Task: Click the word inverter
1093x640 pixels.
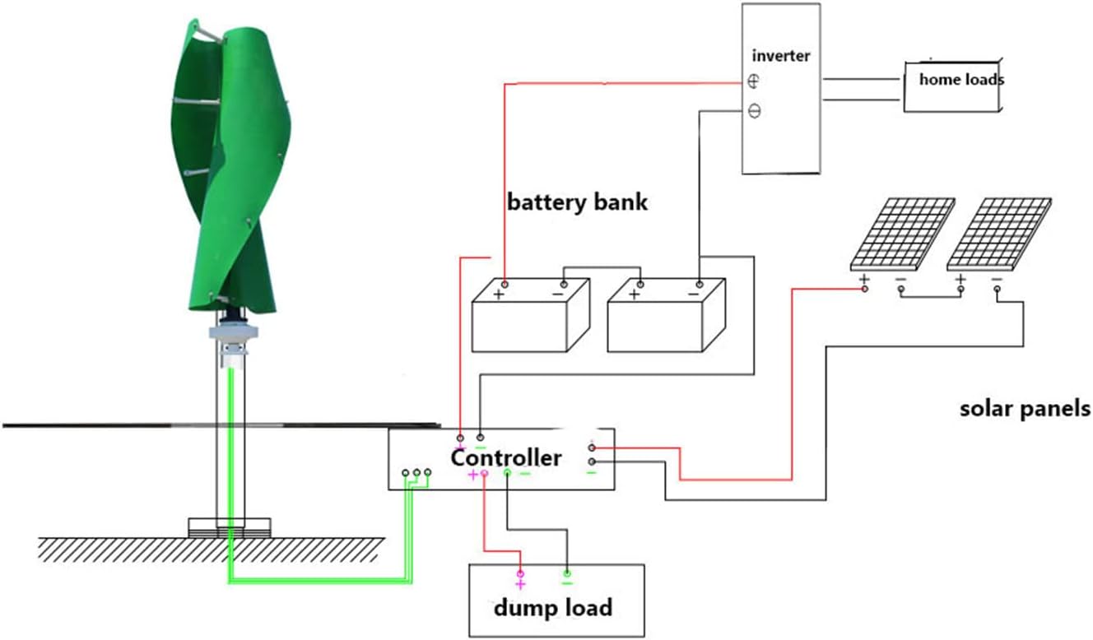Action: point(781,57)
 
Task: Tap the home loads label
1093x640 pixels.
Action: point(960,80)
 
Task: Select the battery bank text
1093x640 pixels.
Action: point(577,202)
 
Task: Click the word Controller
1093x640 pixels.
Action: point(505,457)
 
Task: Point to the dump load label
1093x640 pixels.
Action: point(552,608)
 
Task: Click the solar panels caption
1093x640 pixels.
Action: point(1025,409)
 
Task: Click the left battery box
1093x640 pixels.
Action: point(530,317)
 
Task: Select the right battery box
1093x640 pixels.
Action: point(666,317)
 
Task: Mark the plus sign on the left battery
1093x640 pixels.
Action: point(499,294)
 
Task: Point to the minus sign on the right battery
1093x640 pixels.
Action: point(694,294)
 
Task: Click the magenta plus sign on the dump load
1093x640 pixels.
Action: point(520,584)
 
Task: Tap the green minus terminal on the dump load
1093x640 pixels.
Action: point(566,573)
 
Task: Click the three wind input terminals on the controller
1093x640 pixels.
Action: point(416,473)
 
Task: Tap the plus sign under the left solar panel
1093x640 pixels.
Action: point(864,280)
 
